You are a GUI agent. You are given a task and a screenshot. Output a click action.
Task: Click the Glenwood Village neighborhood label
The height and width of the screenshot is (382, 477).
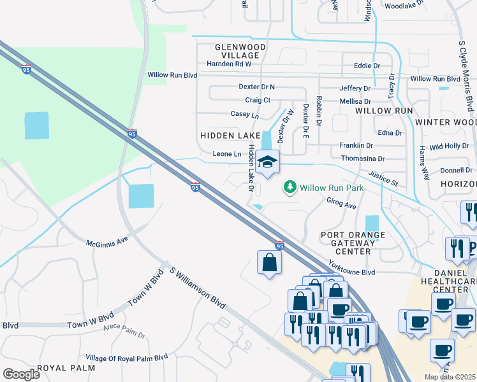pyautogui.click(x=231, y=52)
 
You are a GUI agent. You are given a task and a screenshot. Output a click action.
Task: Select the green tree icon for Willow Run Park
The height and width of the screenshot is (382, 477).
pyautogui.click(x=290, y=187)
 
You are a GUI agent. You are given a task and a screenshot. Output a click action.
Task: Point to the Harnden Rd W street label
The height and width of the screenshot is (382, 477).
pyautogui.click(x=229, y=64)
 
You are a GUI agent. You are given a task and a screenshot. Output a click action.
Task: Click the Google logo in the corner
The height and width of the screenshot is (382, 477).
pyautogui.click(x=21, y=374)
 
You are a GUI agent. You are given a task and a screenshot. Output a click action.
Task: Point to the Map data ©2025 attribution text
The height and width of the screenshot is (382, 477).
pyautogui.click(x=450, y=377)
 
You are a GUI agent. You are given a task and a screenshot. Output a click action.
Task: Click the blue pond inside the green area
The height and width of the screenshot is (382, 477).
pyautogui.click(x=36, y=125)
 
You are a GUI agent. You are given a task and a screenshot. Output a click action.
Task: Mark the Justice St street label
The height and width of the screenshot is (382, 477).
pyautogui.click(x=383, y=178)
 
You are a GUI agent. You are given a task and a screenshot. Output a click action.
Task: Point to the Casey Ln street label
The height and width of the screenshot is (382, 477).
pyautogui.click(x=245, y=115)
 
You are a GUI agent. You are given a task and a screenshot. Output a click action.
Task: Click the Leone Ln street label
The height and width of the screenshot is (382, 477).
pyautogui.click(x=227, y=154)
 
